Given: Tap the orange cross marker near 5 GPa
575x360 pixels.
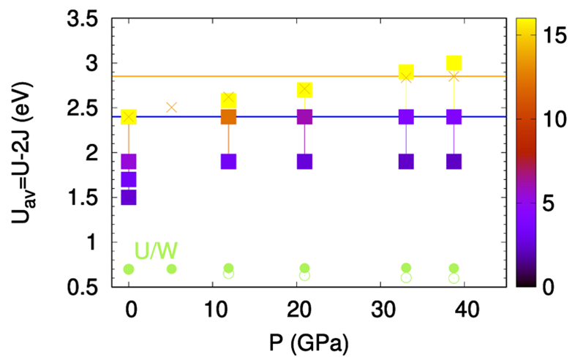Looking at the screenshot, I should (172, 107).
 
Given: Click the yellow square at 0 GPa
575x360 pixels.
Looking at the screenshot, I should (129, 116).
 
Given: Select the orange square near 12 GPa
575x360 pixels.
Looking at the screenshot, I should (228, 116).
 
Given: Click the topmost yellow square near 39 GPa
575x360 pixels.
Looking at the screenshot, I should (454, 63).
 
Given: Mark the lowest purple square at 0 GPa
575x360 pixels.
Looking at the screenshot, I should (129, 197).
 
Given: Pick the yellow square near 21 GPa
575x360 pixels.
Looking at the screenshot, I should (304, 89).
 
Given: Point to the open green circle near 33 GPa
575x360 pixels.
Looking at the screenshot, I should (406, 277).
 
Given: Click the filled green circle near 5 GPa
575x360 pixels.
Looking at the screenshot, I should (172, 269).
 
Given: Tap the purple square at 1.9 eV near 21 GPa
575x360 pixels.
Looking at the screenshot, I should (304, 161).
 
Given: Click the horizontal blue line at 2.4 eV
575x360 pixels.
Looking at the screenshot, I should (351, 116).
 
